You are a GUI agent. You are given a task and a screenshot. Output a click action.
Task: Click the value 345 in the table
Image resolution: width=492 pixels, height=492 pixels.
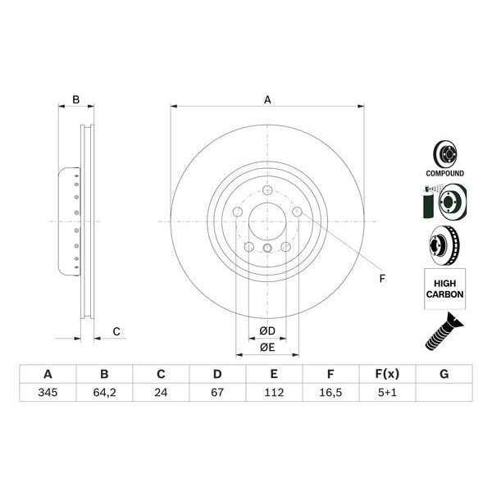(48, 393)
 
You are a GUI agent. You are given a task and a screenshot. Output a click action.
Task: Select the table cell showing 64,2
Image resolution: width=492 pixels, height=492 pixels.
(104, 393)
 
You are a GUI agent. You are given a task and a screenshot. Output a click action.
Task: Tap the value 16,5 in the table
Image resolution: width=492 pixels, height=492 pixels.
(330, 393)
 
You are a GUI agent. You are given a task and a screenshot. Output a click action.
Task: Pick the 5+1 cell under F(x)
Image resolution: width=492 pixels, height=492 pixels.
(387, 393)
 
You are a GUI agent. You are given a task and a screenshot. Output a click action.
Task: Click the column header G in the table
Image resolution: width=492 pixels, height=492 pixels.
(444, 374)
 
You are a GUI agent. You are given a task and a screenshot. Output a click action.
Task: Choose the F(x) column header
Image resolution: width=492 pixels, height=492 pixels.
(387, 374)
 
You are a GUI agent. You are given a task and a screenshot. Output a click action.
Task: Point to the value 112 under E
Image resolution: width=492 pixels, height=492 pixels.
(274, 393)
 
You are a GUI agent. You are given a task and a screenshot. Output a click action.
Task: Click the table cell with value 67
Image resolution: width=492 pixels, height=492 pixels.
(217, 393)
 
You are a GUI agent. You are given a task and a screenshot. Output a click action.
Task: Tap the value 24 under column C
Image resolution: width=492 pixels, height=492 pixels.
(161, 393)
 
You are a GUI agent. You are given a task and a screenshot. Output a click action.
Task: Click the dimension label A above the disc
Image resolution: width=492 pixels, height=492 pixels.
(267, 100)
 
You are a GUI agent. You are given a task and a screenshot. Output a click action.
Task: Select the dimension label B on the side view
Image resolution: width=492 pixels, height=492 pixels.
(75, 100)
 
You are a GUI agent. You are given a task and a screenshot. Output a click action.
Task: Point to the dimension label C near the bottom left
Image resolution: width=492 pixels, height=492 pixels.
(116, 331)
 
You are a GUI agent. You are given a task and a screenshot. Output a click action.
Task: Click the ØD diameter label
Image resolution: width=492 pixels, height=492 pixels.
(267, 330)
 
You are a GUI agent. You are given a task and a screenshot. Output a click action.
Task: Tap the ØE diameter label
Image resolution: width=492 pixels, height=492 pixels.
(267, 347)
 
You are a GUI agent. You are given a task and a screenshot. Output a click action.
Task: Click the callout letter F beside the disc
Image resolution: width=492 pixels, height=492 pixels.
(381, 279)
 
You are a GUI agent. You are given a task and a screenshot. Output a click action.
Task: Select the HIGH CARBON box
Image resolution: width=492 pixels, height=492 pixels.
(444, 288)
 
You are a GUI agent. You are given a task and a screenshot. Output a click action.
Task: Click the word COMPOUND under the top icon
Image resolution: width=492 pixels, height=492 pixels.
(444, 174)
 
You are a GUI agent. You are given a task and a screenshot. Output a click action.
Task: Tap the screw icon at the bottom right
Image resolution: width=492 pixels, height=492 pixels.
(444, 332)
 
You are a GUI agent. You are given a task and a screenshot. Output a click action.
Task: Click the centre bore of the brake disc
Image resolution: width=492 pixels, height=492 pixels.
(267, 221)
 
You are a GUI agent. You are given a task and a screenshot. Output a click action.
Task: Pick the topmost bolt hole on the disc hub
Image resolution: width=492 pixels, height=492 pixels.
(267, 192)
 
